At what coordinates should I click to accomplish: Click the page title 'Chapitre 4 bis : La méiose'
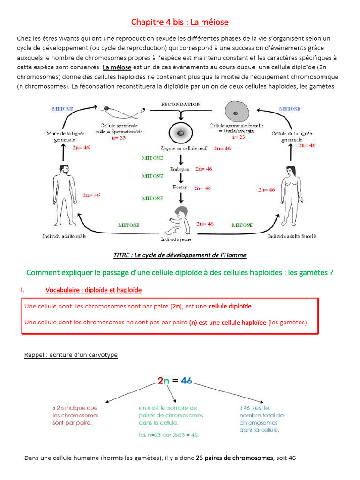click(180, 22)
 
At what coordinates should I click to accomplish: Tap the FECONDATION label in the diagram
click(180, 104)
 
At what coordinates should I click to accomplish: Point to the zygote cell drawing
click(180, 134)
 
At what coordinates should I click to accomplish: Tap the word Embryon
click(180, 169)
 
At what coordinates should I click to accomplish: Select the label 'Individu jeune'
click(176, 239)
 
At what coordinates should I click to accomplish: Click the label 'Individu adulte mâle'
click(64, 236)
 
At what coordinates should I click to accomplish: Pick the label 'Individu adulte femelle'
click(292, 236)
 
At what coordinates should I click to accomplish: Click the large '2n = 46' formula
click(175, 381)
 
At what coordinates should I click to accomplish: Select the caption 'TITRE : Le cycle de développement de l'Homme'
click(180, 255)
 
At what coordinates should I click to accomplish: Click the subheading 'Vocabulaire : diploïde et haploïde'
click(93, 290)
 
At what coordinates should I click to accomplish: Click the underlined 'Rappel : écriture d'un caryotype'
click(71, 355)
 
